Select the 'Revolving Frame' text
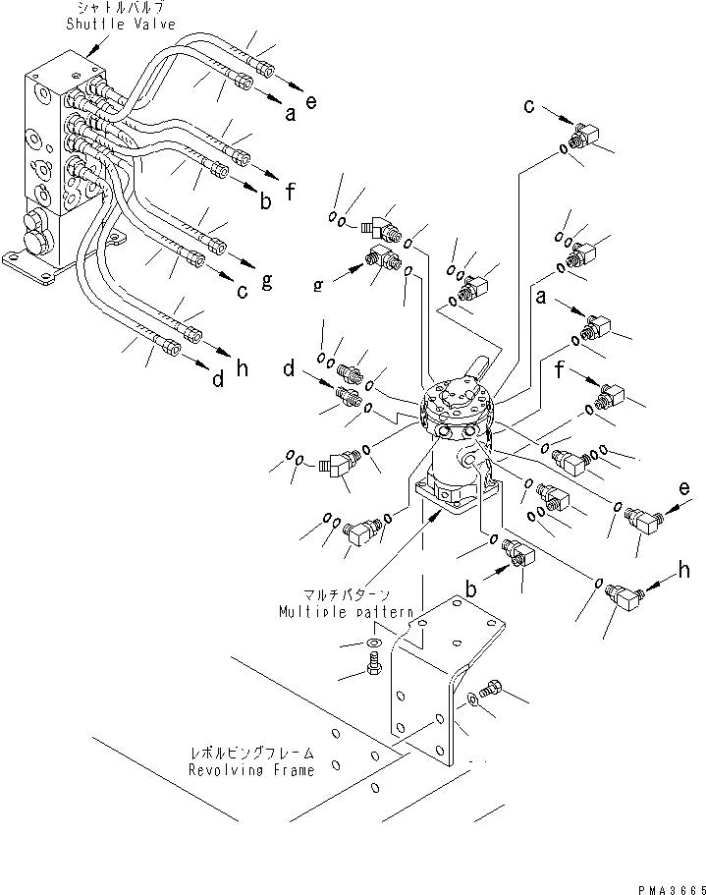[x=251, y=770]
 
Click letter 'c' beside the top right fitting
[x=529, y=105]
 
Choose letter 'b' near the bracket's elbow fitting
[x=471, y=591]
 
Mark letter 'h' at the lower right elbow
[x=677, y=570]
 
